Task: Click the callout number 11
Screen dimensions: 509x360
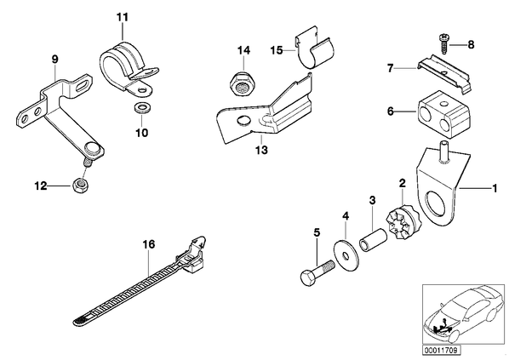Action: pos(123,17)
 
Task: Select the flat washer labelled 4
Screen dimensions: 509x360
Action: pos(346,255)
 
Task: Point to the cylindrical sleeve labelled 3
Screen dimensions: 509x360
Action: pos(374,240)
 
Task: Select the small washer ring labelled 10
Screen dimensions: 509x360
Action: pos(140,108)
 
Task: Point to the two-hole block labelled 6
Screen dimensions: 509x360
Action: pos(443,114)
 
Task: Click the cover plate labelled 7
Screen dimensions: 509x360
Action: pos(443,74)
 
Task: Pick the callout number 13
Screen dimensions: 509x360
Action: pos(261,150)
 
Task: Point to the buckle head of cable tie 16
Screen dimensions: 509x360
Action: pos(192,254)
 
